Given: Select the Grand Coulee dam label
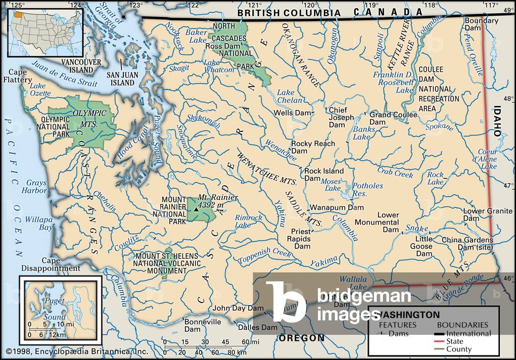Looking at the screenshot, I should (393, 118).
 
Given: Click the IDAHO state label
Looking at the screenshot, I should (498, 121).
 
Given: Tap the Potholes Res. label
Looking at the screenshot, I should (367, 189).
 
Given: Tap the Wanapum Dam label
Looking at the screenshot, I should (336, 207).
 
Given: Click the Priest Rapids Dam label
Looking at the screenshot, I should (302, 239).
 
